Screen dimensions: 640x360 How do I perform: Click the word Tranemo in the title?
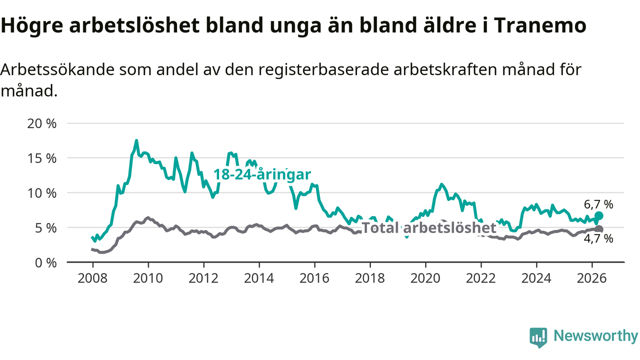540,25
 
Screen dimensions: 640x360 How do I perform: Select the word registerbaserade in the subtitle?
323,70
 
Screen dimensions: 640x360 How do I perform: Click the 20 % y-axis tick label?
41,123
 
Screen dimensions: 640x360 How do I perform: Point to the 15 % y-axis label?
41,158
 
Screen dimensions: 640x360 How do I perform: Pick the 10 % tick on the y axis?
41,193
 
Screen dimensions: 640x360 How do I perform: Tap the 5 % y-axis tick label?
45,228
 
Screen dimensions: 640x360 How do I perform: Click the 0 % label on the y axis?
45,263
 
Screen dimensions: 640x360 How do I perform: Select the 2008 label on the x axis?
92,278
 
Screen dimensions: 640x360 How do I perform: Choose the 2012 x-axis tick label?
203,278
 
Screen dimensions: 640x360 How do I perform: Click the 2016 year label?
314,278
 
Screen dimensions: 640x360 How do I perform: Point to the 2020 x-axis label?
425,278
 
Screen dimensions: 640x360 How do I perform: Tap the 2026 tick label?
591,278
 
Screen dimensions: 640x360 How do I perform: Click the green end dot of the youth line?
599,216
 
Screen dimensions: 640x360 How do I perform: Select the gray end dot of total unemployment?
599,229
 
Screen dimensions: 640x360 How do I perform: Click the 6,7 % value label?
598,204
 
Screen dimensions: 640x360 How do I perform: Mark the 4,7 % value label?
598,239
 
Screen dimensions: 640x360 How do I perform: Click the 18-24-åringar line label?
262,174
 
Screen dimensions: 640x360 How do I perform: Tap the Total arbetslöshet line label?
429,228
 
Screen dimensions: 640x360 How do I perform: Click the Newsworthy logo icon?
538,337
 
